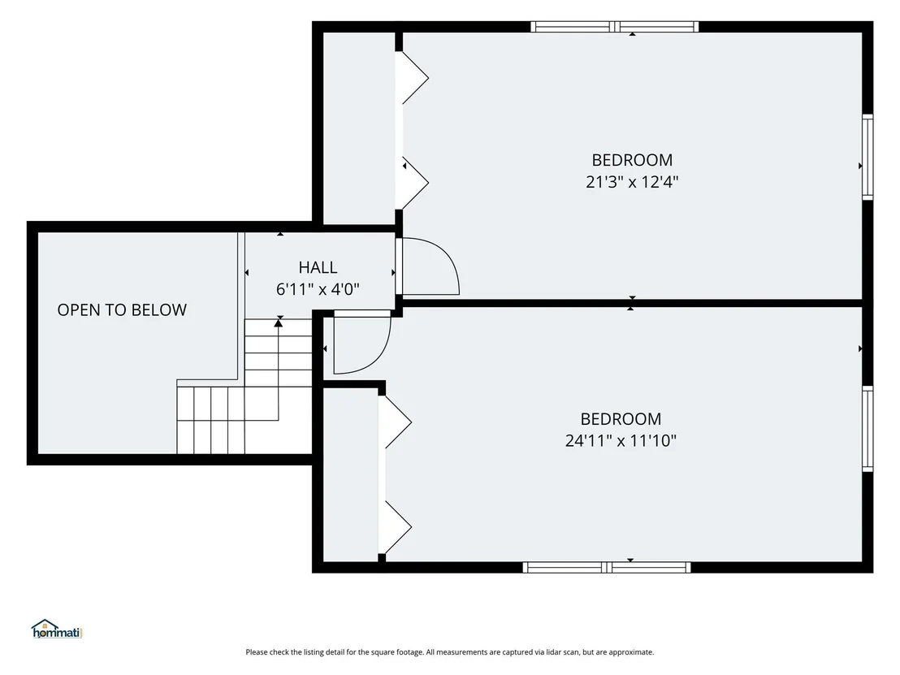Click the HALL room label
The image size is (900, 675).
[x=318, y=267]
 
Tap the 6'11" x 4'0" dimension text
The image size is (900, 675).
[x=318, y=289]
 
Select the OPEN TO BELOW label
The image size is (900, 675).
[x=122, y=310]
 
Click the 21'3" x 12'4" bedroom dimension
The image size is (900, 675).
[x=632, y=182]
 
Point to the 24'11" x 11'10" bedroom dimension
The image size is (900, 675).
[x=621, y=441]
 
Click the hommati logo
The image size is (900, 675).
[x=57, y=629]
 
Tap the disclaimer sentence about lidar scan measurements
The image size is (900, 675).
[x=449, y=652]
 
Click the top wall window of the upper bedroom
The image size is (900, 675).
[x=615, y=27]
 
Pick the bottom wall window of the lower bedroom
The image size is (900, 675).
[x=607, y=568]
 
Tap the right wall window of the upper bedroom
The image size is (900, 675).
[x=868, y=158]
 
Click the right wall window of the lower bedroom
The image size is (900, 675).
[x=868, y=429]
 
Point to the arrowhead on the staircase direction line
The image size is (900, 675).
[x=279, y=323]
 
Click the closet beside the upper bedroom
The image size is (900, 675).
[x=359, y=128]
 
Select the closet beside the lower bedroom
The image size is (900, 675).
[x=351, y=474]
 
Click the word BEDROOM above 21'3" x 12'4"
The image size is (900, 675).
[x=632, y=159]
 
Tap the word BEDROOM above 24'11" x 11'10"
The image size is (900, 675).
[x=621, y=418]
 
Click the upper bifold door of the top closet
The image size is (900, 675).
[x=414, y=78]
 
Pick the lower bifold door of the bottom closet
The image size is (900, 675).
[x=397, y=527]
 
